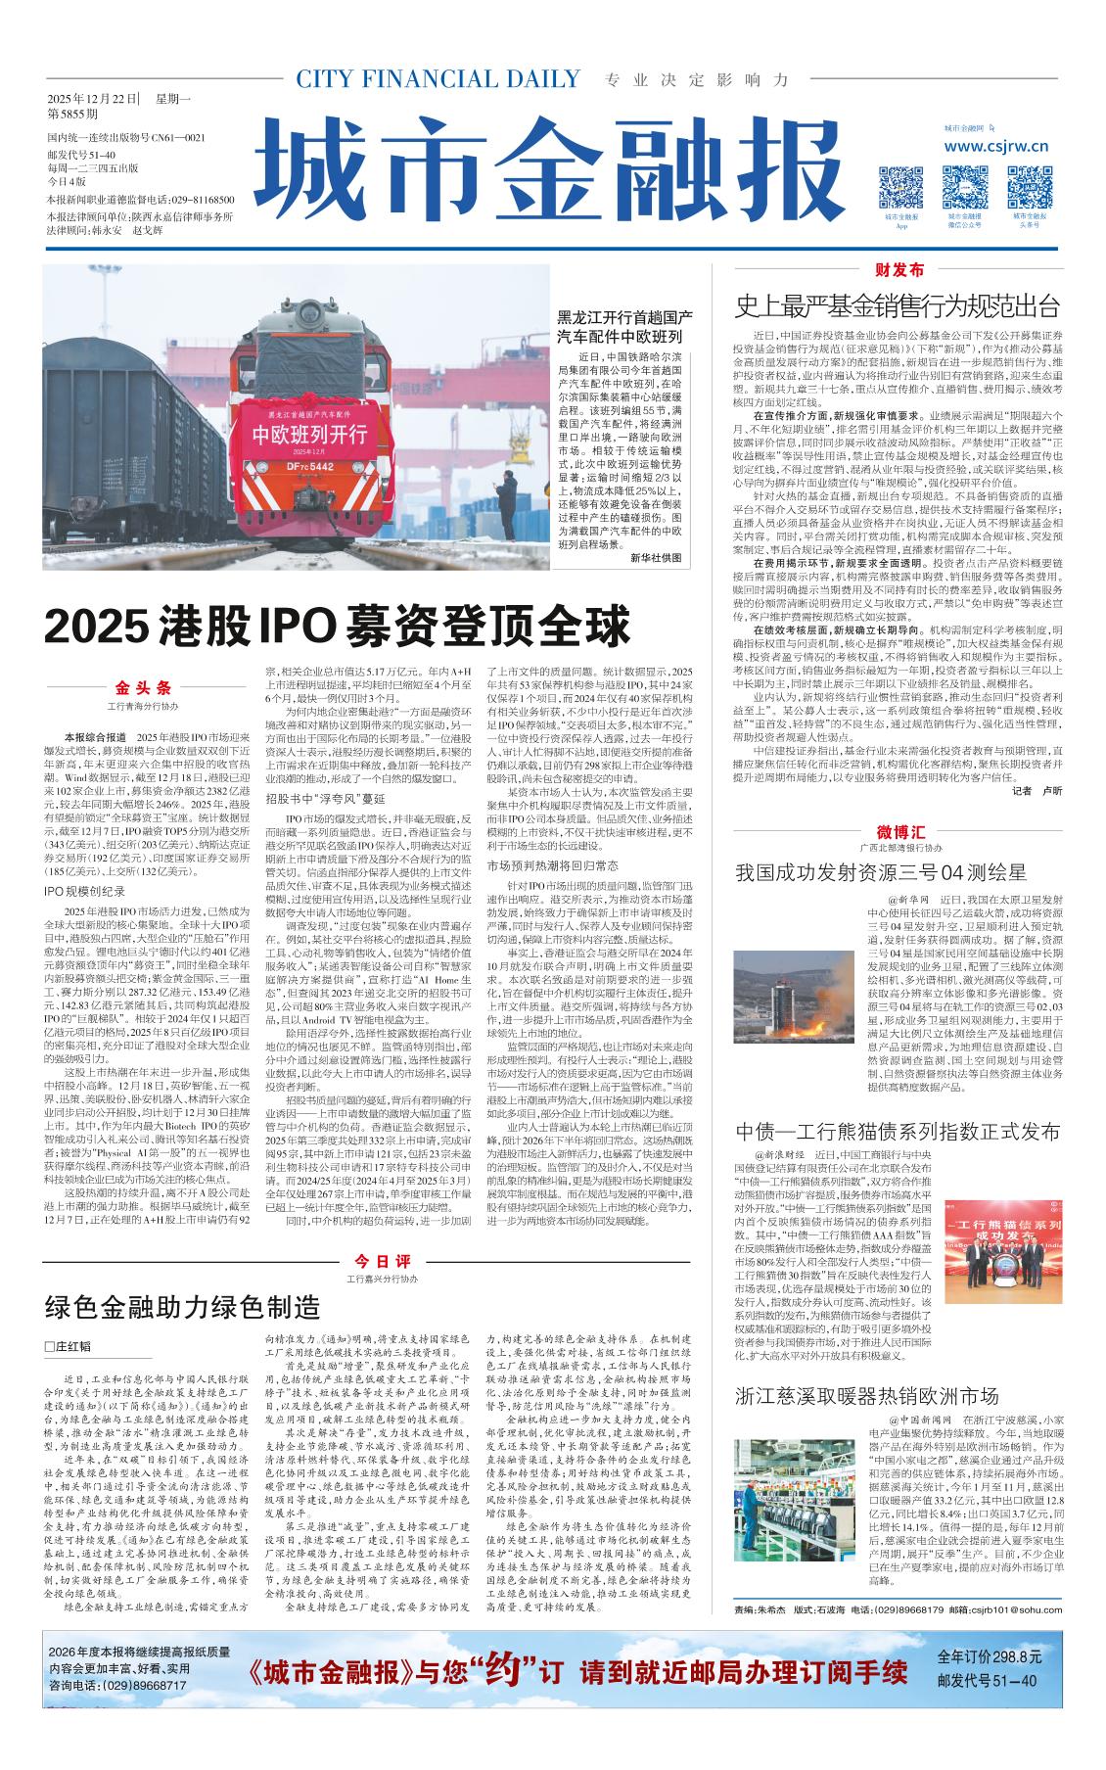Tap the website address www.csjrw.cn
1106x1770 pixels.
click(x=996, y=147)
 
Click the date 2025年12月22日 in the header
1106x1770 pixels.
click(x=93, y=98)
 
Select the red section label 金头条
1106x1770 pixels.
click(x=143, y=688)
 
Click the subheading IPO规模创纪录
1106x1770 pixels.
click(x=85, y=890)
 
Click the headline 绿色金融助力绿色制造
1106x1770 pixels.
click(x=183, y=1305)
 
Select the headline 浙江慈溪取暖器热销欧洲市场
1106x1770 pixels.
click(x=866, y=1395)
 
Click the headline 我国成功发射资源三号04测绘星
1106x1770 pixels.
click(x=881, y=871)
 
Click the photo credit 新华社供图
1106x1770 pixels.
click(x=655, y=557)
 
